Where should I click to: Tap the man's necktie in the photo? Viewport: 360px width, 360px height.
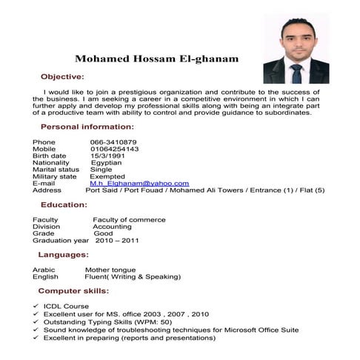pos(296,73)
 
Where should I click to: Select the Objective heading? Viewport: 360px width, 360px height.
pos(62,77)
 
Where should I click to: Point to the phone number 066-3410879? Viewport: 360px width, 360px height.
pos(113,142)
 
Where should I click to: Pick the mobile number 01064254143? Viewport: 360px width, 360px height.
pos(115,149)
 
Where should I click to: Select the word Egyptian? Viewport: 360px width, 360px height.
pos(106,163)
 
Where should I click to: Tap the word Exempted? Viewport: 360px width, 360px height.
pos(108,176)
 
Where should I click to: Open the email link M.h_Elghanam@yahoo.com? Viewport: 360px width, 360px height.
pos(139,183)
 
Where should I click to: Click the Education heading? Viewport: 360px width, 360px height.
pos(64,205)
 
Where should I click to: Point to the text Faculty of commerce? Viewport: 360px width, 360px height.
pos(129,220)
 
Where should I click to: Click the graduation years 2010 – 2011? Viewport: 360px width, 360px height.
pos(117,241)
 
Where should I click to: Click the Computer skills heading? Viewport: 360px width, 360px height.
pos(73,291)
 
